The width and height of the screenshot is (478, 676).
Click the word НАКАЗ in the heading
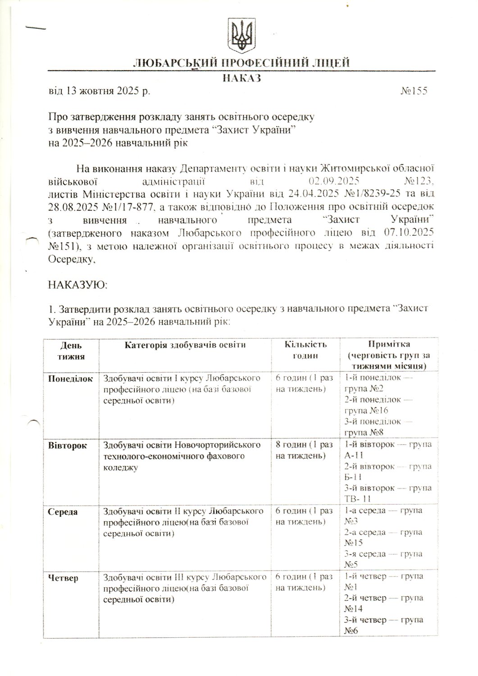(242, 79)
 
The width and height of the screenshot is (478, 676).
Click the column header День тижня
(71, 351)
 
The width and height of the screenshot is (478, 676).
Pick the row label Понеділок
(70, 379)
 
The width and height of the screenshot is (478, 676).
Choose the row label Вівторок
(68, 445)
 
